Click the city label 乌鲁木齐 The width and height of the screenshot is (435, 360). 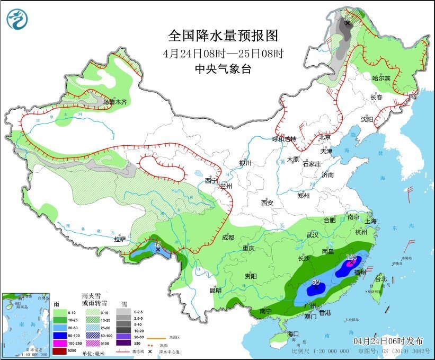115,102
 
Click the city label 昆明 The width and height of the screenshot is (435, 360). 215,290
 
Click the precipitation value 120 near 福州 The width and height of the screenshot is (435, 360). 351,258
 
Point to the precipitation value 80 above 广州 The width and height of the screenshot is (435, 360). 316,282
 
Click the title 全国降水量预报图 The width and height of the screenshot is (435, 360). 223,36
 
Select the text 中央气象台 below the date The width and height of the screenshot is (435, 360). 223,68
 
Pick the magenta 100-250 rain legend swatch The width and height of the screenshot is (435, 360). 60,344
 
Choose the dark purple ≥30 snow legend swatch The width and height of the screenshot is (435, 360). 122,344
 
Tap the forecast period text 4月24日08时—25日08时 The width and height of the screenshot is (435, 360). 223,53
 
